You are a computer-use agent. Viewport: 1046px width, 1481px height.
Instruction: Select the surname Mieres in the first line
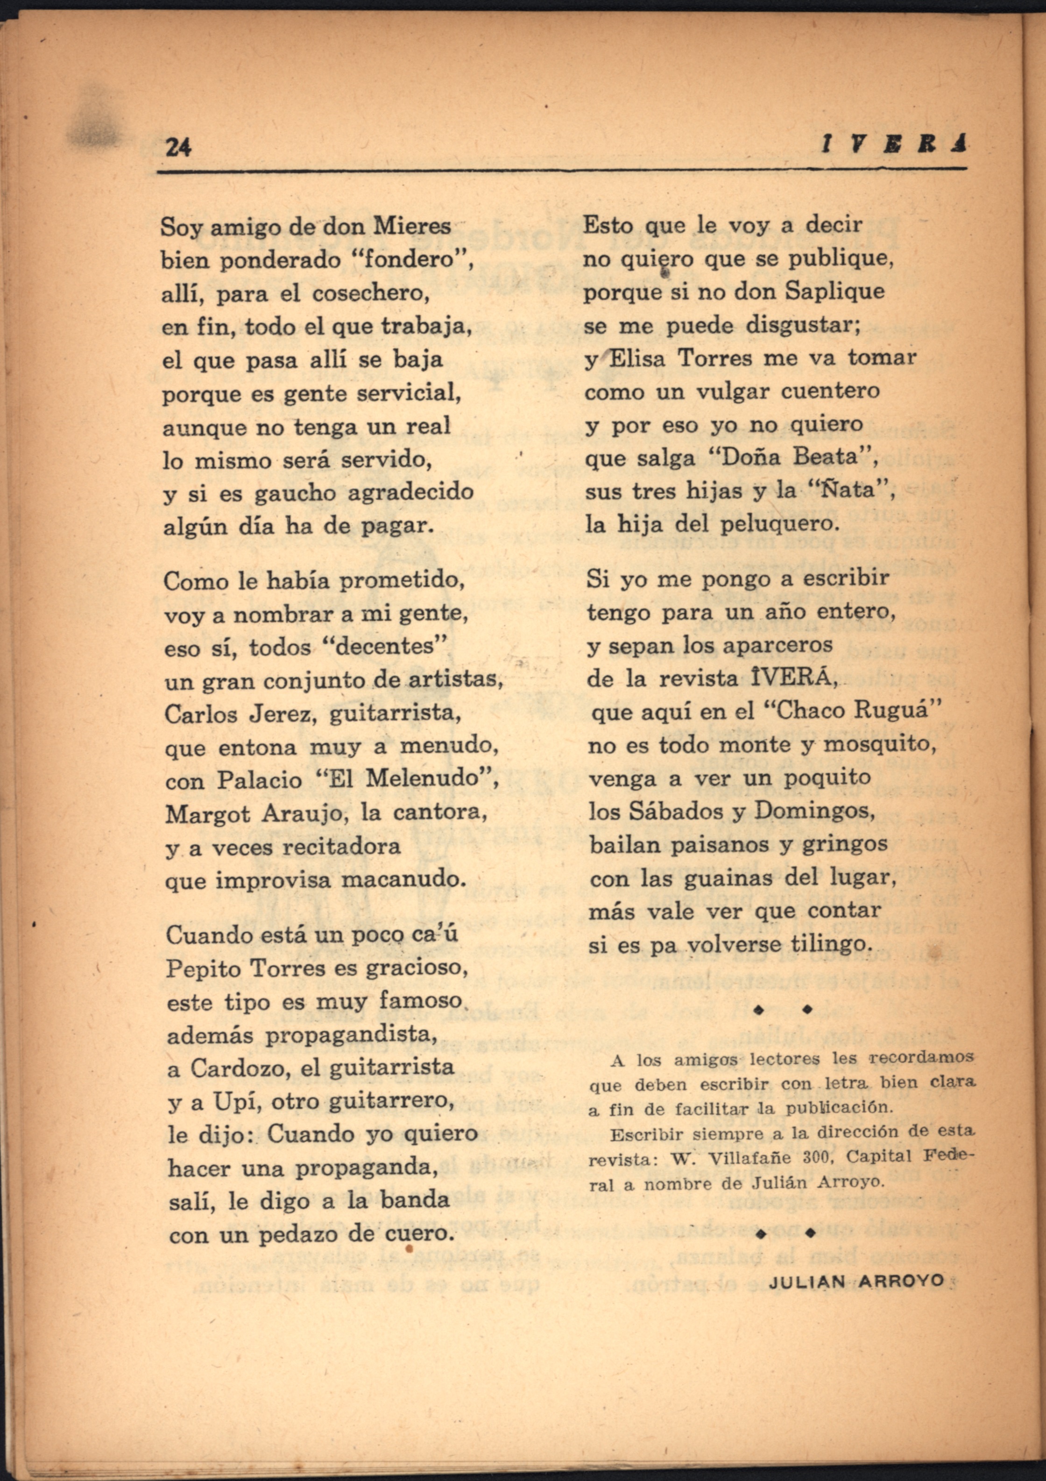pos(413,227)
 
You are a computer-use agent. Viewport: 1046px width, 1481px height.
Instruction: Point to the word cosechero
pos(370,294)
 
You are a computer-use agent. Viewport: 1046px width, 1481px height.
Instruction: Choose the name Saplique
pos(834,292)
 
